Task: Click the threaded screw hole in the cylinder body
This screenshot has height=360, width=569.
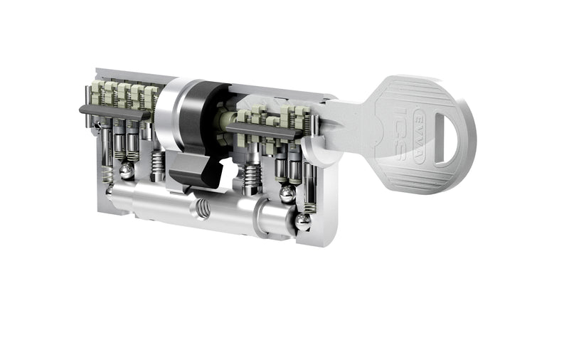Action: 203,211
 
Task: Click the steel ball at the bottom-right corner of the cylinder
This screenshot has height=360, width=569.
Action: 302,223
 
